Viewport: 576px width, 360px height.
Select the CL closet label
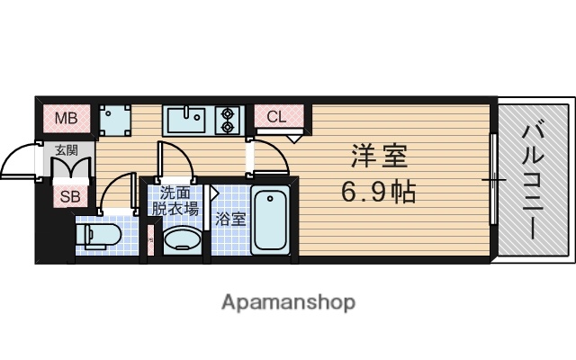275,117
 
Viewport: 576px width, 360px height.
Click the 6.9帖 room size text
378,191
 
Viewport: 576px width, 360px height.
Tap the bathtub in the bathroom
269,221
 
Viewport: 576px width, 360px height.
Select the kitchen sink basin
187,118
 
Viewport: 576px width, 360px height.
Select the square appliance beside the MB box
113,118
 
